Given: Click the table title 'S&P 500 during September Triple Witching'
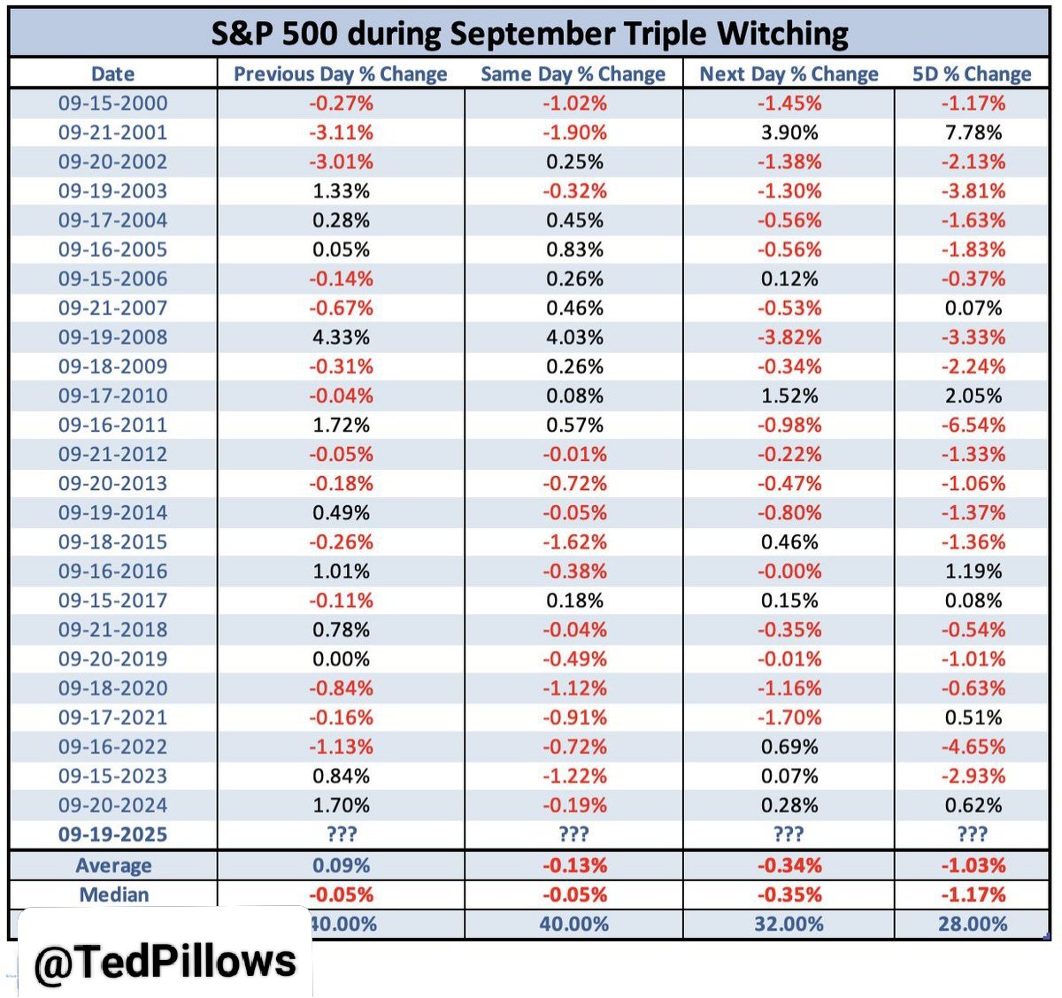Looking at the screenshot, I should (x=529, y=34).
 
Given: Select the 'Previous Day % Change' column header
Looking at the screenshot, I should (x=341, y=74).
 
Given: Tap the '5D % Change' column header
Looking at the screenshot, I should (x=972, y=74).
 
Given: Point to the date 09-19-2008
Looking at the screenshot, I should (x=112, y=337).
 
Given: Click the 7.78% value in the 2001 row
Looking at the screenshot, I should (x=973, y=133).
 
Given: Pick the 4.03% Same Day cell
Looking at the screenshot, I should (x=574, y=337).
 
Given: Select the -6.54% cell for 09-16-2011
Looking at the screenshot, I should (x=973, y=425).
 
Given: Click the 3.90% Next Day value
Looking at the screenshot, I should (x=789, y=133).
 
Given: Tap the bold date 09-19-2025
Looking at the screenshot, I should (x=112, y=834).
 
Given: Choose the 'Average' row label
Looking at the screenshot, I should (x=113, y=865).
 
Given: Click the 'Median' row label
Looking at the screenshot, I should (x=113, y=894).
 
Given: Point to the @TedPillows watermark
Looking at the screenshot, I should (x=165, y=962).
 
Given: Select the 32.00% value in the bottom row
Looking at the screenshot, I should (x=789, y=925).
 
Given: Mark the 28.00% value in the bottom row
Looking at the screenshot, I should (x=973, y=925).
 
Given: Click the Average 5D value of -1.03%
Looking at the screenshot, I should (x=973, y=865).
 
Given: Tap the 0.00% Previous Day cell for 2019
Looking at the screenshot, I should (x=341, y=659).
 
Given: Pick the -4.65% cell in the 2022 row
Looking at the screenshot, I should (x=973, y=747).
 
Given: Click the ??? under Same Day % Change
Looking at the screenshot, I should (x=574, y=834).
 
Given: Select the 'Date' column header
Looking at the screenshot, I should (x=112, y=74).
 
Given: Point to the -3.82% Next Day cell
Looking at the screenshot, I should (x=789, y=337).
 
